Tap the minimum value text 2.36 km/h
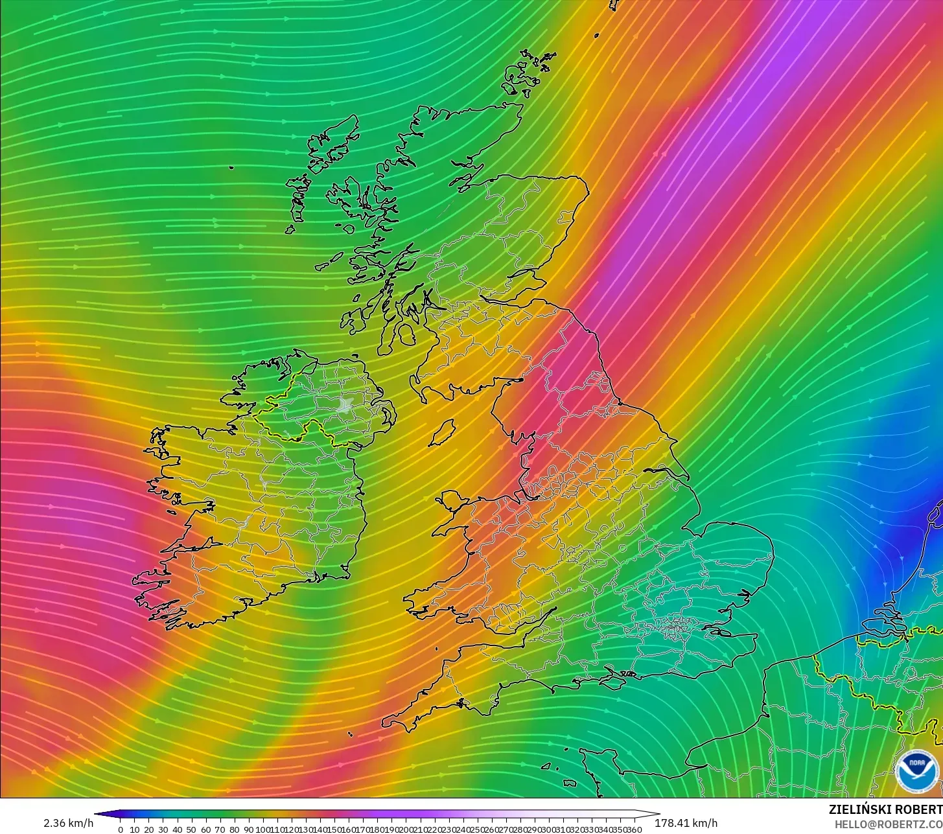coord(69,823)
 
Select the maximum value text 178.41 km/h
coord(686,823)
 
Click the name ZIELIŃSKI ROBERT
coord(885,809)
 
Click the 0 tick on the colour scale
coord(121,829)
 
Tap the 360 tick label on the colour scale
coord(634,829)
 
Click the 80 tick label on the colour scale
coord(234,829)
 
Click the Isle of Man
coord(443,432)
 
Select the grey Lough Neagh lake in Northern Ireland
coord(344,406)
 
